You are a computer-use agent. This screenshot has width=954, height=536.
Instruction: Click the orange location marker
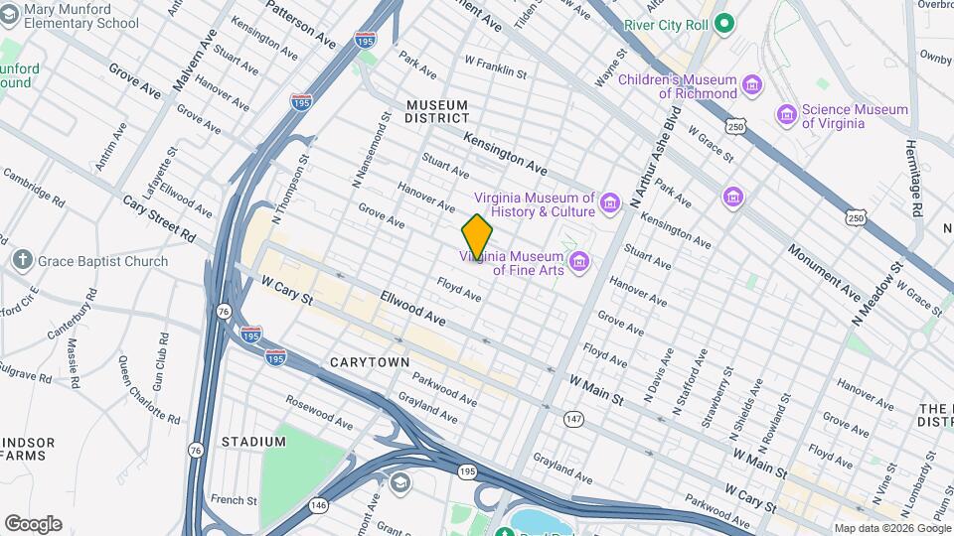click(477, 235)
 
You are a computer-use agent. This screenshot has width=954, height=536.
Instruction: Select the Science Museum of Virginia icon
click(788, 116)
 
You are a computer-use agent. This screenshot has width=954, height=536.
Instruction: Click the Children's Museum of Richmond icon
click(752, 86)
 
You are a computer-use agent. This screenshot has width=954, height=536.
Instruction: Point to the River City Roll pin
click(724, 24)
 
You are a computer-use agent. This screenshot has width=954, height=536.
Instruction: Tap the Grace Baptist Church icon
click(22, 261)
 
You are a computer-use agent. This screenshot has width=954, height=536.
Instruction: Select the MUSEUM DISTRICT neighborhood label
click(436, 111)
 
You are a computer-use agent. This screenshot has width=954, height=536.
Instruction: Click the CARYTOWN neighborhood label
click(370, 362)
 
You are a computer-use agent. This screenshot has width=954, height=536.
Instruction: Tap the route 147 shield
click(574, 421)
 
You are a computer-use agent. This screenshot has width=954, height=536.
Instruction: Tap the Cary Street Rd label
click(159, 217)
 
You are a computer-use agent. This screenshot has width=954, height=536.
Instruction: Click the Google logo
click(33, 524)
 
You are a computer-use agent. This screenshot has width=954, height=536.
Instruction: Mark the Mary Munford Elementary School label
click(81, 16)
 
